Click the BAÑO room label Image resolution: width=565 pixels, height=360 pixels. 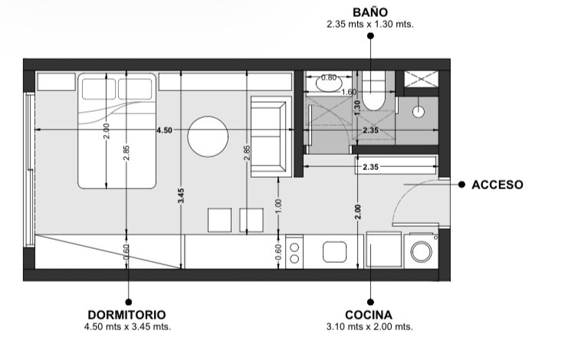[x=370, y=12]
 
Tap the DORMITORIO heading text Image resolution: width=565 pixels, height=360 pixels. [x=126, y=315]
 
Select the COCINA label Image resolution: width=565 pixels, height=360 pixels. [x=369, y=315]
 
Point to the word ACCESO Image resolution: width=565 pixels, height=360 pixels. [x=498, y=185]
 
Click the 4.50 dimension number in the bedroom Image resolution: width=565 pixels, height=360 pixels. [x=164, y=130]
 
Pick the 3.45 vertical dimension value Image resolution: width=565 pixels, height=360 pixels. [x=181, y=196]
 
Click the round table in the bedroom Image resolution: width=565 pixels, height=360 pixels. [x=208, y=136]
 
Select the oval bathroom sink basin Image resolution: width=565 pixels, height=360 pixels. [x=329, y=83]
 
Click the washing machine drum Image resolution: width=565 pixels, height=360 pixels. [x=421, y=252]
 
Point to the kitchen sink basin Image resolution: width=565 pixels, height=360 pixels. [x=335, y=252]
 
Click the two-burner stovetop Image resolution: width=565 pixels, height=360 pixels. [x=294, y=252]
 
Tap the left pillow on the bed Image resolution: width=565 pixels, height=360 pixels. [x=99, y=89]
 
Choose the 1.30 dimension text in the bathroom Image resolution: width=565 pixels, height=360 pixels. [x=357, y=108]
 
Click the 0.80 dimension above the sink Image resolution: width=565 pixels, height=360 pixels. [x=329, y=77]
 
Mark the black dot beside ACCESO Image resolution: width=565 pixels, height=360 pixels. [x=462, y=185]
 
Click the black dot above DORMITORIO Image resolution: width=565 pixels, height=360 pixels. [x=128, y=302]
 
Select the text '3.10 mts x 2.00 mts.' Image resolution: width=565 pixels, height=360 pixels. [x=370, y=327]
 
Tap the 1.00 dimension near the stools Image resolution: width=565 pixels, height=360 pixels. [x=278, y=206]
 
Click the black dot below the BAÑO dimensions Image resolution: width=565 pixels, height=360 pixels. [x=370, y=36]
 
